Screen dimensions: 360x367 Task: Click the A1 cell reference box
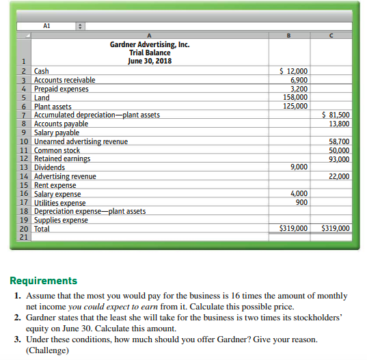[x=46, y=27]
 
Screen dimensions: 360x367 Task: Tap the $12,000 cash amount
[x=295, y=71]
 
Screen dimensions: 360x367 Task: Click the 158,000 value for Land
[x=295, y=97]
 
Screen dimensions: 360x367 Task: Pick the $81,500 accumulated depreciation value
[x=335, y=115]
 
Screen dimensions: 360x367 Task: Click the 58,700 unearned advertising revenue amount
[x=338, y=141]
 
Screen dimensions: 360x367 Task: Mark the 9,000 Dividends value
[x=299, y=167]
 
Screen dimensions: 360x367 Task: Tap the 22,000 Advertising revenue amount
[x=338, y=176]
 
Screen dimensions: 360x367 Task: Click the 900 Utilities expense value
[x=301, y=203]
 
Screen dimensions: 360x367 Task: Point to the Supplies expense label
[x=61, y=220]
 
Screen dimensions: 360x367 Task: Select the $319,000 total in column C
[x=335, y=229]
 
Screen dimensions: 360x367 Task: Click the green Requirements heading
[x=44, y=281]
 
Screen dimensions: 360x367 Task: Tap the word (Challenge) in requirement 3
[x=49, y=350]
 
